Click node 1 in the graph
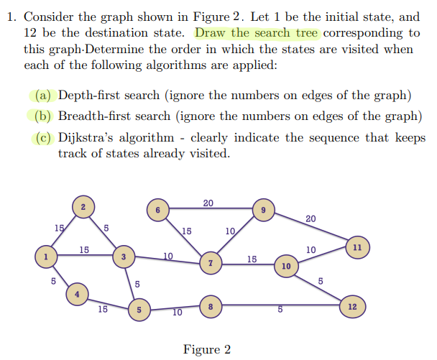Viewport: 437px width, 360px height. click(x=47, y=256)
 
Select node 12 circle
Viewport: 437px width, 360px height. click(x=351, y=307)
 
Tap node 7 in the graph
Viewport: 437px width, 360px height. click(x=211, y=264)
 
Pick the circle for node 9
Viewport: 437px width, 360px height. click(x=264, y=210)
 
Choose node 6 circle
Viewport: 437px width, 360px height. click(x=157, y=210)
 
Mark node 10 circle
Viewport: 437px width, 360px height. click(x=286, y=266)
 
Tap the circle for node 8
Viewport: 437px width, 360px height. click(x=209, y=307)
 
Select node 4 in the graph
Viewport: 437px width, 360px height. click(x=78, y=293)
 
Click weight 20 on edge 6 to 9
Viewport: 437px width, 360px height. click(x=208, y=203)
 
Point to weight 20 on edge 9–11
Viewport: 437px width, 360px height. click(x=310, y=218)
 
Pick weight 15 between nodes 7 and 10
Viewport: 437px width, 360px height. click(x=252, y=259)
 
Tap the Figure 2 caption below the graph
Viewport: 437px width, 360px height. click(x=207, y=350)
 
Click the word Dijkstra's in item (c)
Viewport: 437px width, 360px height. click(x=85, y=138)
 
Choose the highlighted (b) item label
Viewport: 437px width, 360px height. click(x=43, y=116)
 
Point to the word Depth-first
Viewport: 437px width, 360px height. click(x=88, y=95)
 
